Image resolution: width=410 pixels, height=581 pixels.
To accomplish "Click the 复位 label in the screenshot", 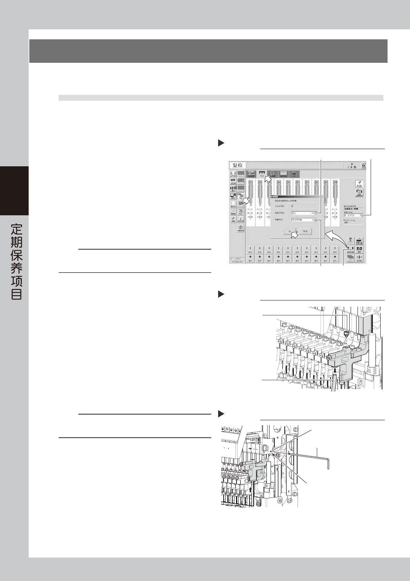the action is tap(238, 166).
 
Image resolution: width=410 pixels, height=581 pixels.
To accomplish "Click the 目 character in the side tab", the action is tap(17, 294).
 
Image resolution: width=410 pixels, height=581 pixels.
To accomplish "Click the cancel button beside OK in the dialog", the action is tap(305, 231).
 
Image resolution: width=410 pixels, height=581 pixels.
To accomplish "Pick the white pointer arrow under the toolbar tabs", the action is tap(267, 179).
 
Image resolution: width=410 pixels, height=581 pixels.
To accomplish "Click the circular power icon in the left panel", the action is tap(241, 228).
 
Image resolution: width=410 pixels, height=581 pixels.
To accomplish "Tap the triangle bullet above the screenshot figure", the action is tap(221, 143).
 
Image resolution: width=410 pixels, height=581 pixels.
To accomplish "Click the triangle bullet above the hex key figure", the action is tap(221, 414).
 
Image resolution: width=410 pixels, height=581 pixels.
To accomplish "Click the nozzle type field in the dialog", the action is tap(304, 220).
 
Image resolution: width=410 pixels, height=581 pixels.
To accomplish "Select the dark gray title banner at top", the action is tap(208, 51).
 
